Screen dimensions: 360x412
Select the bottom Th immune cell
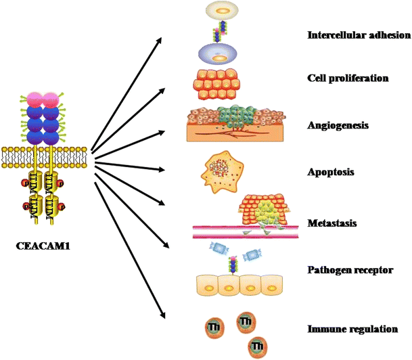coord(256,347)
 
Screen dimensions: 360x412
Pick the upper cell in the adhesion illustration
coord(222,10)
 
